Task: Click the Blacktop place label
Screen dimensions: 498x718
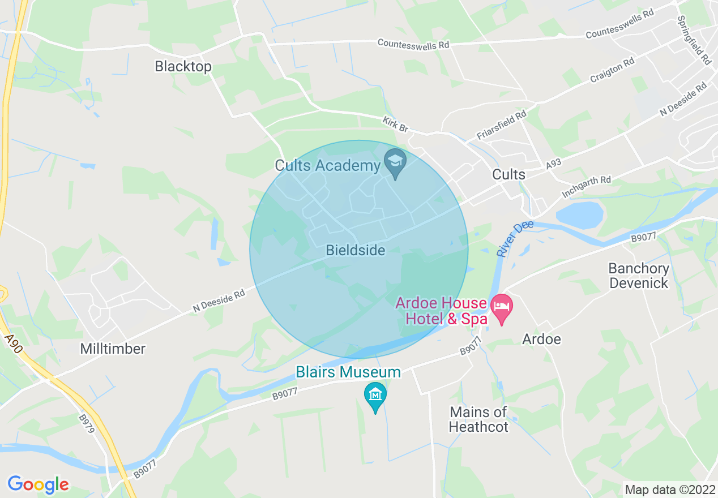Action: coord(183,67)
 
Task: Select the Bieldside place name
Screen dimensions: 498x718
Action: coord(356,250)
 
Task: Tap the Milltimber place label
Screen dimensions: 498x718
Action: coord(113,349)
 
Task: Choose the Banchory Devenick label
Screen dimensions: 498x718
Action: coord(639,276)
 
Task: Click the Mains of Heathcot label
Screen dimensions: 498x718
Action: coord(478,419)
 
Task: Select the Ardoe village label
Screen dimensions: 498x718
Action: coord(541,339)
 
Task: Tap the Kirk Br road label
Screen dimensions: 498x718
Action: coord(395,124)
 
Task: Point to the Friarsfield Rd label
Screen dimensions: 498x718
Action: coord(501,126)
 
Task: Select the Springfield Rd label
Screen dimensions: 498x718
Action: coord(693,40)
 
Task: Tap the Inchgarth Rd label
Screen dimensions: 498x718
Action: coord(586,187)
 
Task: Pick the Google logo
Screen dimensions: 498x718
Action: coord(38,484)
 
